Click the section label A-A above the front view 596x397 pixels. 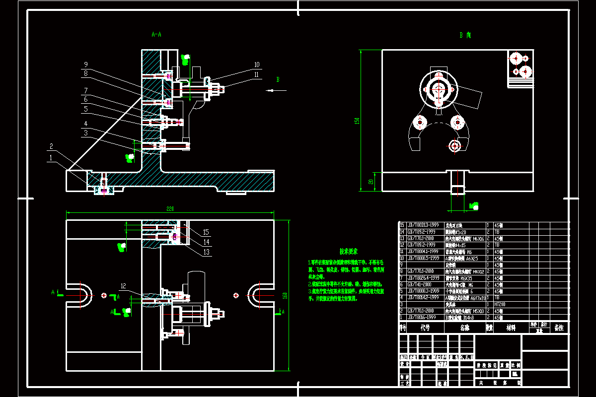click(x=156, y=35)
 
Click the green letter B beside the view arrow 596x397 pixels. click(x=278, y=79)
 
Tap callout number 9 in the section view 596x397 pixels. click(x=85, y=65)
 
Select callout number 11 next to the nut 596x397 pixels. click(x=257, y=74)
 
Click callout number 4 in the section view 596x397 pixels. click(x=85, y=123)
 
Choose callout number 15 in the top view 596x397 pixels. click(x=206, y=232)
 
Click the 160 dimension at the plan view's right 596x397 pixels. click(x=285, y=295)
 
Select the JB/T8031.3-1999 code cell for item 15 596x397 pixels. click(x=423, y=225)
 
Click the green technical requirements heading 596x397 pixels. click(x=349, y=252)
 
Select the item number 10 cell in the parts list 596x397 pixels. click(x=402, y=258)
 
